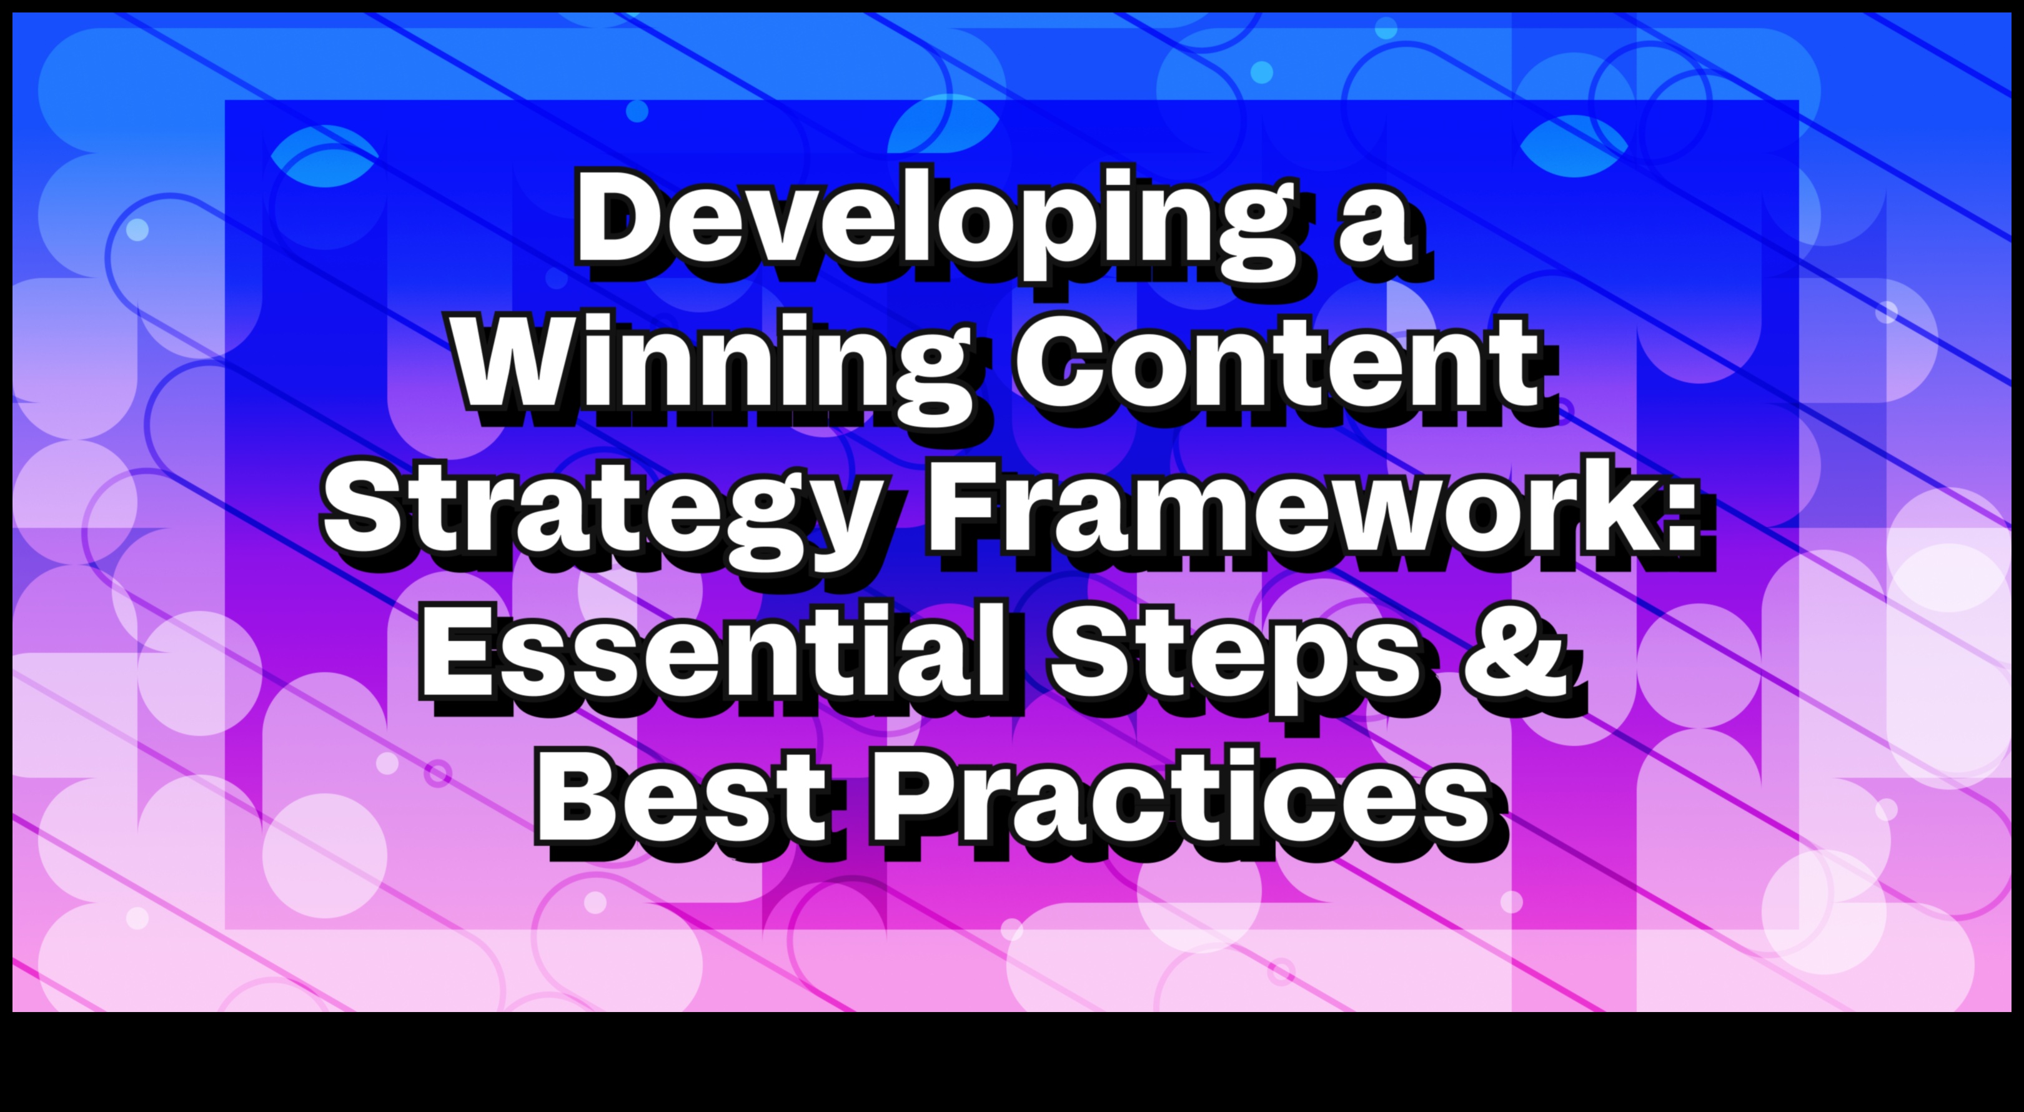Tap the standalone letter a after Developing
[1376, 228]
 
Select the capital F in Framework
[967, 506]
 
